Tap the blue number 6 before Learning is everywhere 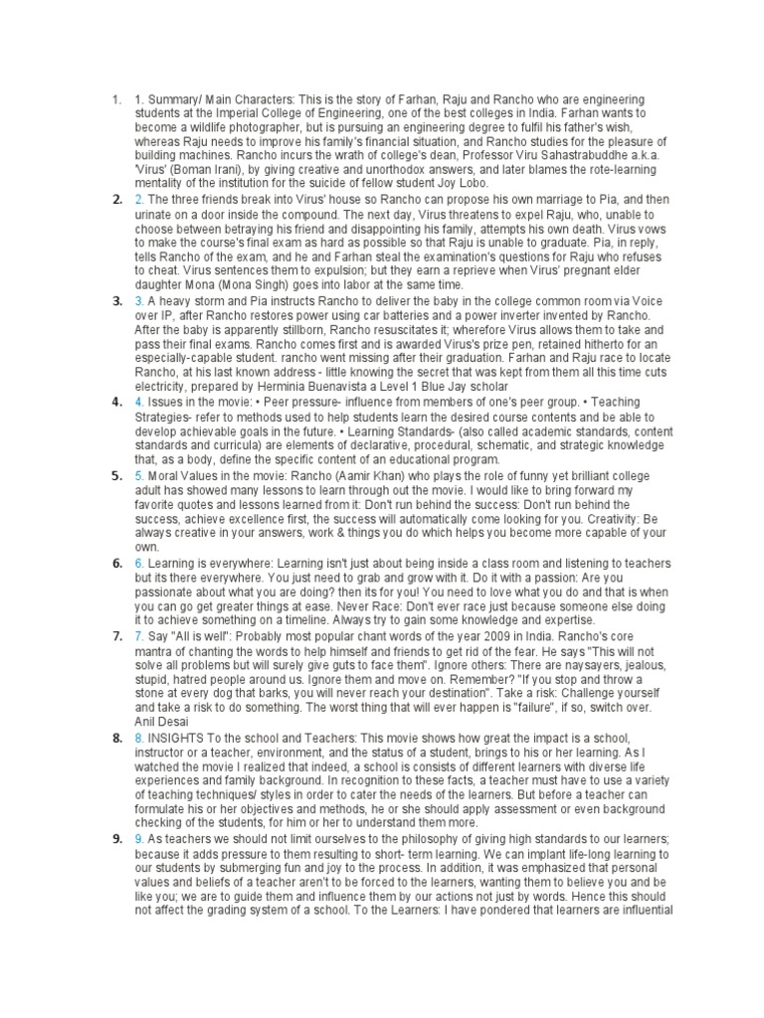[x=138, y=562]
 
